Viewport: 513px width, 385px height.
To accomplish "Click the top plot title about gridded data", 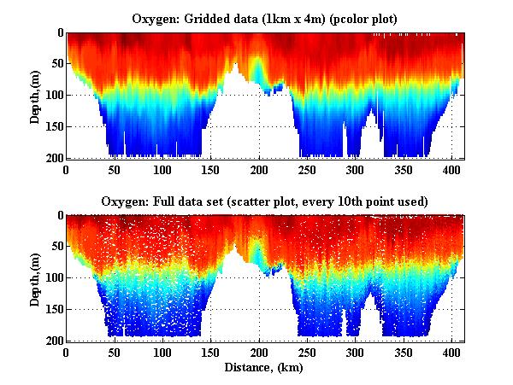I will tap(265, 18).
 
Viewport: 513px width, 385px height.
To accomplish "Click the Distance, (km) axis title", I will tap(265, 369).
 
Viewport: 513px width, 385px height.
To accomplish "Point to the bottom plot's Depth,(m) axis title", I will tap(34, 278).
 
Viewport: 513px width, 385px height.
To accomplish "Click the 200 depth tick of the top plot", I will tap(54, 158).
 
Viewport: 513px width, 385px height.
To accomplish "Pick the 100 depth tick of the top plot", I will tap(54, 95).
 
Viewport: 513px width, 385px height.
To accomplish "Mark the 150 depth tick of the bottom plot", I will tap(54, 309).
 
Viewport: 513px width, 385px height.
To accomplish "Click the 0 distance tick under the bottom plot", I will tap(67, 352).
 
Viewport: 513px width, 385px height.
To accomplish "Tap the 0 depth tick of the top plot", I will tap(59, 33).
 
